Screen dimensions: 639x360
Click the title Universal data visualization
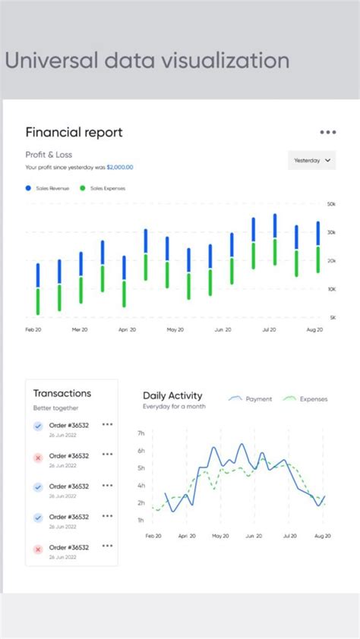coord(147,61)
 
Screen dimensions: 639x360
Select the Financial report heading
coord(74,132)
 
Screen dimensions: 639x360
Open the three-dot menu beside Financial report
coord(327,132)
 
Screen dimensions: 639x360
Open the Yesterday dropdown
coord(312,160)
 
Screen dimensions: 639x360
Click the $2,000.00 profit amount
coord(120,167)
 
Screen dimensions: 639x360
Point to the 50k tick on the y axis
coord(331,204)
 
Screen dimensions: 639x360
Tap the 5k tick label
coord(332,317)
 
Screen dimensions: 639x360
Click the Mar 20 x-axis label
coord(80,330)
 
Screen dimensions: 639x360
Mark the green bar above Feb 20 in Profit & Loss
coord(37,301)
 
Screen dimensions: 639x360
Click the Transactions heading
coord(62,393)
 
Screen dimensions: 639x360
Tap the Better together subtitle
coord(55,408)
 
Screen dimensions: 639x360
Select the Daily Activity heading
coord(172,395)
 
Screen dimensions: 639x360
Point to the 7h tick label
coord(141,433)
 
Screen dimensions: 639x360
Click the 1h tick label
coord(141,520)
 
